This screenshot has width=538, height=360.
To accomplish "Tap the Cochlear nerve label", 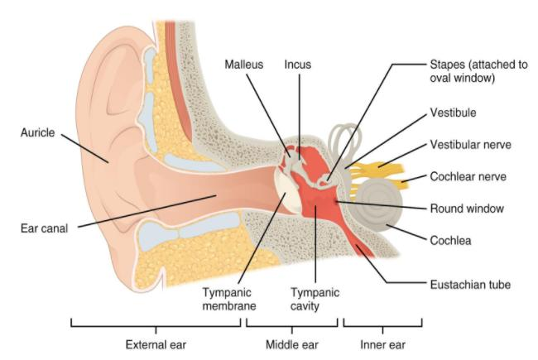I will [466, 176].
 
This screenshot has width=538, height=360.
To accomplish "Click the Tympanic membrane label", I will [228, 299].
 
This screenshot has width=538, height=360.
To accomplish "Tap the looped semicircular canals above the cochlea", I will [346, 141].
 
